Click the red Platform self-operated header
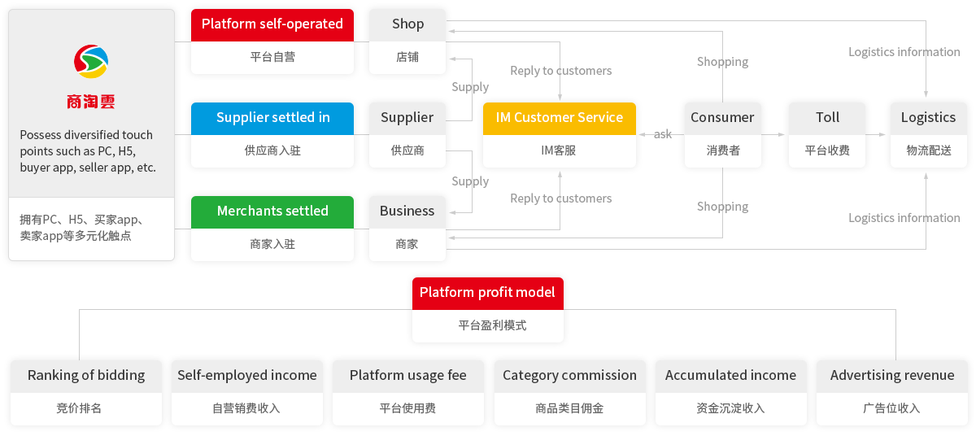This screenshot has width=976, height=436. tap(272, 24)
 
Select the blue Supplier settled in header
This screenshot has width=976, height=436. tap(272, 118)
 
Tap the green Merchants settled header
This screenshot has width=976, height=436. tap(272, 211)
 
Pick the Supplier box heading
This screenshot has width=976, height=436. tap(407, 118)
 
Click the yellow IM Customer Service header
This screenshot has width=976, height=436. tap(559, 118)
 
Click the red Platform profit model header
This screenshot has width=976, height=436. tap(487, 293)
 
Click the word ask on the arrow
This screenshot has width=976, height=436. tap(662, 134)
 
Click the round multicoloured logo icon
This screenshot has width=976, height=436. tap(91, 61)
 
